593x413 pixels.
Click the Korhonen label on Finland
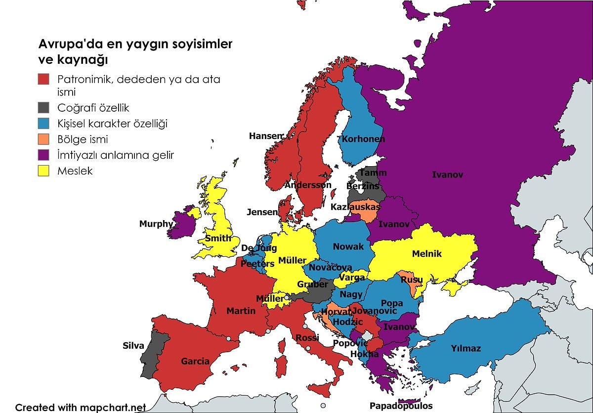point(363,139)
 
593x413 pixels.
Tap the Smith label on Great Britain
point(218,238)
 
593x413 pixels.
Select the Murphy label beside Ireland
point(156,224)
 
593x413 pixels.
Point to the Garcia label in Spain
point(195,362)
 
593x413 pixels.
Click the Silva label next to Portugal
point(133,346)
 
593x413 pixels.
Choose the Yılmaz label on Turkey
point(466,349)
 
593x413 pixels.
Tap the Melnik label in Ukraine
point(426,254)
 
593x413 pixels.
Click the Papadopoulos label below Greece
point(401,406)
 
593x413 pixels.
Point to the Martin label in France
point(241,311)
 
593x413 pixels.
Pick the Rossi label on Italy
point(307,338)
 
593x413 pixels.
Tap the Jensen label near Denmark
point(262,212)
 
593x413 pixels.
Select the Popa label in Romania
point(392,303)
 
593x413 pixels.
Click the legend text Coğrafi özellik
point(93,107)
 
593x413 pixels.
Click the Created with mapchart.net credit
point(81,408)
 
